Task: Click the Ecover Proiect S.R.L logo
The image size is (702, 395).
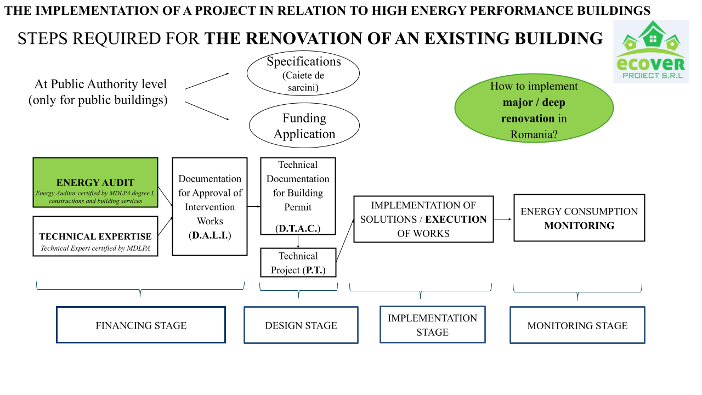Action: click(x=651, y=52)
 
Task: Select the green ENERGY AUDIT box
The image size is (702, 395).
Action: click(x=95, y=183)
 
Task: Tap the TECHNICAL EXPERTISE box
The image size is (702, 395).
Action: click(x=95, y=236)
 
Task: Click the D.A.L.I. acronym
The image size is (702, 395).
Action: click(x=210, y=235)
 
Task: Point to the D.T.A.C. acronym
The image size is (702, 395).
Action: click(x=298, y=228)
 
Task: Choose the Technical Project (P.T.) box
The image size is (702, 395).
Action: click(x=298, y=263)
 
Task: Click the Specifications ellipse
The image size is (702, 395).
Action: click(x=303, y=74)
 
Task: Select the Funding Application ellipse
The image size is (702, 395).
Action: click(x=304, y=126)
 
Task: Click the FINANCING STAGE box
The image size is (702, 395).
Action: click(x=141, y=325)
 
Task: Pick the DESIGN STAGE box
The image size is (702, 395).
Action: click(x=301, y=325)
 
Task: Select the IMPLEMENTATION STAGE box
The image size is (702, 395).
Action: click(x=432, y=325)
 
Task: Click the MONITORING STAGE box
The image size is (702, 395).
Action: click(x=577, y=325)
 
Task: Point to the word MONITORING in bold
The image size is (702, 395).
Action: click(x=579, y=225)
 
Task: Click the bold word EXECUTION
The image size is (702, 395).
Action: click(x=456, y=219)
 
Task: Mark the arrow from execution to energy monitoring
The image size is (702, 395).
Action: click(x=503, y=219)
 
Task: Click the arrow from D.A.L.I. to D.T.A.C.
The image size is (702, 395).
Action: click(x=253, y=206)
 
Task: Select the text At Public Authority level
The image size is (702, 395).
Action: click(x=100, y=84)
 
